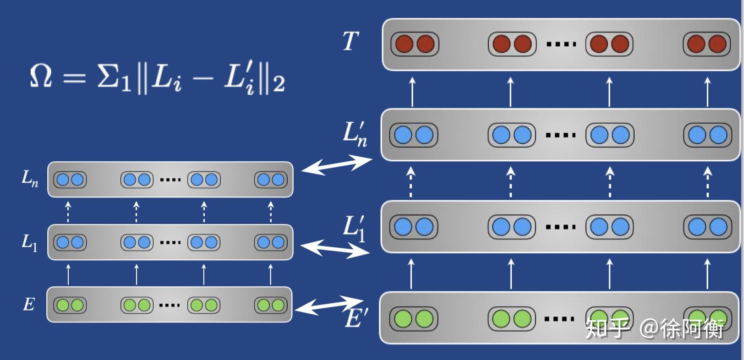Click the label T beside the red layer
350,42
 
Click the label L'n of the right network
355,134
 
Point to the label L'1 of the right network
354,228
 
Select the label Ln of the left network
30,178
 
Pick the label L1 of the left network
29,242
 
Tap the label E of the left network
28,304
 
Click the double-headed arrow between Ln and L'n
337,164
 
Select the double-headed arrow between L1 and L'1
335,249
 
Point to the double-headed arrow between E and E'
328,305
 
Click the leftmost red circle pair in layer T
415,44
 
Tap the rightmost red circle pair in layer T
706,44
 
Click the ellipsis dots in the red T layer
561,44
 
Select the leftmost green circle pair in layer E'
414,319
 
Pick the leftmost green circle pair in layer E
70,305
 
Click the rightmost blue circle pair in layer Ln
271,180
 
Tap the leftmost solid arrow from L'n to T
412,92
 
